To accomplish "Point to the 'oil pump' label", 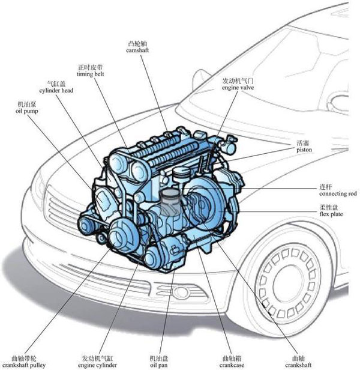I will point(28,112).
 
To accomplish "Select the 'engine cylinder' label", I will point(99,365).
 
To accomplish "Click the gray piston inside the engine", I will point(171,205).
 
